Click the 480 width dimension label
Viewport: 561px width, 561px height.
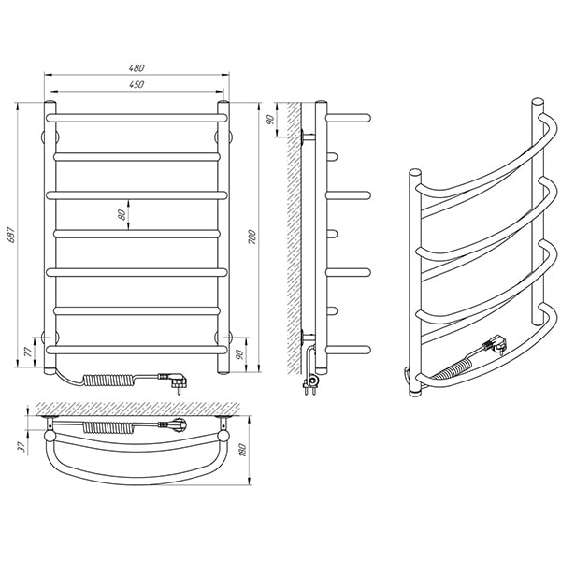(x=137, y=68)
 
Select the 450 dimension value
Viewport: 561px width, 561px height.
(x=137, y=84)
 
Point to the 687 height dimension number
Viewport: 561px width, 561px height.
(x=11, y=235)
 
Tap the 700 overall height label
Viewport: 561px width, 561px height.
(x=252, y=237)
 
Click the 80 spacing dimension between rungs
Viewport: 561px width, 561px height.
(x=122, y=214)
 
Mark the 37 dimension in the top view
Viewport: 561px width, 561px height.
(x=22, y=446)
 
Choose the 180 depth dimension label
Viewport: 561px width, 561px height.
(x=242, y=450)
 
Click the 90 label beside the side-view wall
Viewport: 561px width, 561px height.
(x=270, y=120)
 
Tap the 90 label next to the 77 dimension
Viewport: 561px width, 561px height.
(x=240, y=353)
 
